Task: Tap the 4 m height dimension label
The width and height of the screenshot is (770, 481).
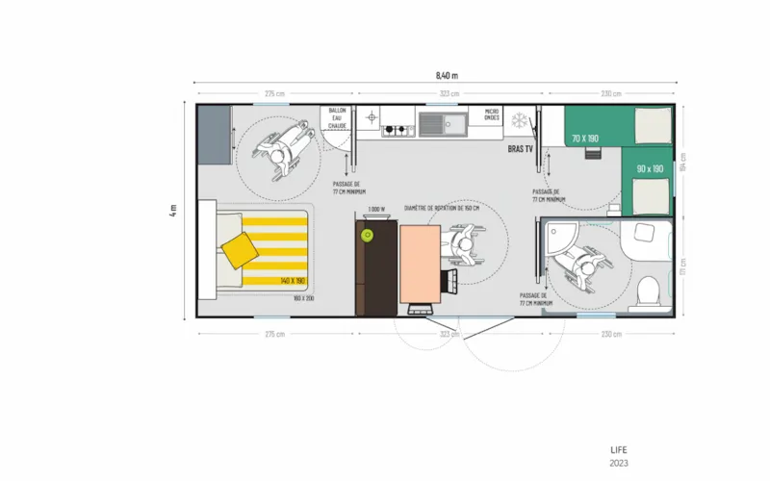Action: [x=174, y=210]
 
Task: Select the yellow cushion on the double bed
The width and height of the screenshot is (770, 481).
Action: [x=239, y=250]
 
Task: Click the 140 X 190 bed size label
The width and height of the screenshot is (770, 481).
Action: [x=293, y=280]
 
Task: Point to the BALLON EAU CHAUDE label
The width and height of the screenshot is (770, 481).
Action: [x=338, y=118]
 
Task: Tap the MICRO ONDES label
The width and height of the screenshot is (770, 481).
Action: [x=492, y=114]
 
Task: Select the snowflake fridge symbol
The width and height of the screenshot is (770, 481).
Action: [x=520, y=120]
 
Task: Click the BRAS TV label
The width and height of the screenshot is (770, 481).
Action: [x=521, y=149]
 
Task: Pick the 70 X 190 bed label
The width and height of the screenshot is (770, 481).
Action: [x=584, y=139]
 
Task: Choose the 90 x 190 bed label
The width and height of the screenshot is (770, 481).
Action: [x=650, y=169]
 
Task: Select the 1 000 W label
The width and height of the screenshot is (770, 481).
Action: [x=376, y=209]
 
